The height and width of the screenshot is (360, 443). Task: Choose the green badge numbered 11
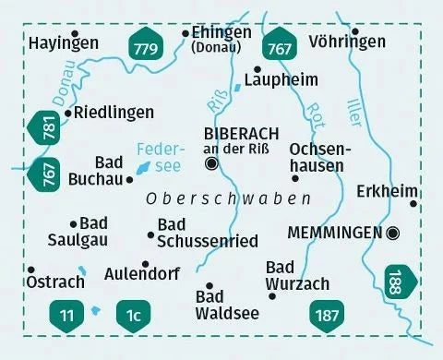(66, 315)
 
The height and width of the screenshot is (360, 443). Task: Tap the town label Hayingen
(64, 42)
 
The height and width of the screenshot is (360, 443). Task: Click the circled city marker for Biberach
(213, 164)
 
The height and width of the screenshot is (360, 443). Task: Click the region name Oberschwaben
(228, 198)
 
